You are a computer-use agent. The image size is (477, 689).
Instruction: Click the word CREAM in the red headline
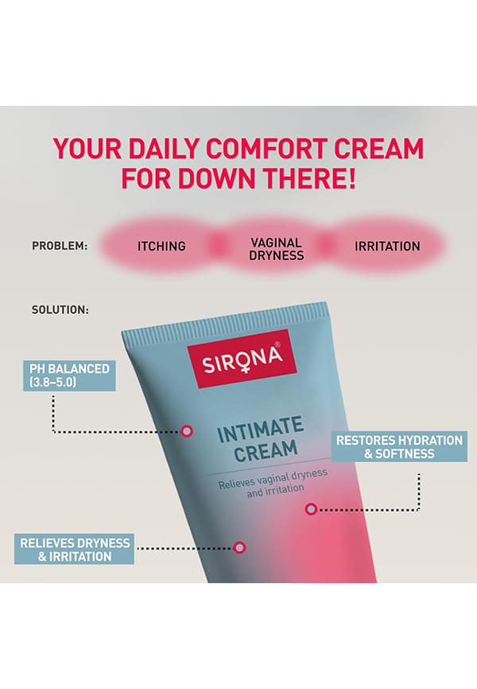tap(378, 149)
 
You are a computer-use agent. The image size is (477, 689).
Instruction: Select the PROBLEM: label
tap(60, 246)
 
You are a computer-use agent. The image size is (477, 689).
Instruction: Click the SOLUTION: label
tap(60, 309)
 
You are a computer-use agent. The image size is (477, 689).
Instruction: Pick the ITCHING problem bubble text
tap(161, 246)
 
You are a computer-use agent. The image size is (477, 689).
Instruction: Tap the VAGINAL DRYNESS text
tap(277, 249)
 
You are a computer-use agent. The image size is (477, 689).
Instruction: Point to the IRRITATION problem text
tap(387, 246)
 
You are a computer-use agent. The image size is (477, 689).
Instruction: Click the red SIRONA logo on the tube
tap(242, 359)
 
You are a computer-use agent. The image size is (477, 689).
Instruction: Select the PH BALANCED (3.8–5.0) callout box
tap(69, 376)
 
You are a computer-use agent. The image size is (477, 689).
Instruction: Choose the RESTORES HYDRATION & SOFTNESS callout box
tap(399, 446)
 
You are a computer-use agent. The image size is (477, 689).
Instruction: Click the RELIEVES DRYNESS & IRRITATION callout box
tap(74, 549)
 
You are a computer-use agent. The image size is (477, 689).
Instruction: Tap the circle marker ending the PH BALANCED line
tap(187, 431)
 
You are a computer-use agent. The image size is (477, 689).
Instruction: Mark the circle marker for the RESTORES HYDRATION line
tap(311, 509)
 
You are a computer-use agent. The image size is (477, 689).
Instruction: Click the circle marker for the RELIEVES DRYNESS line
tap(239, 547)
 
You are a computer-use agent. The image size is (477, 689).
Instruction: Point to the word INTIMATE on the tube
tap(261, 428)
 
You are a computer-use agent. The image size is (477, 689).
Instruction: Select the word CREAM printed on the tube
tap(266, 451)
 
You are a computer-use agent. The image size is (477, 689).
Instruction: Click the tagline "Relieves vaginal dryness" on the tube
tap(273, 479)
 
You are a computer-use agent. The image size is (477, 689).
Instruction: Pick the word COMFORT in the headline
tap(266, 149)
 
